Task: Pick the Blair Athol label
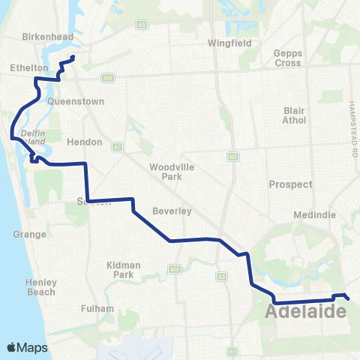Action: click(x=294, y=115)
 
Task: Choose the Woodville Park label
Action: click(x=166, y=172)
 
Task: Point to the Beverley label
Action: click(x=172, y=211)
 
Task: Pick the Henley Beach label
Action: click(x=40, y=286)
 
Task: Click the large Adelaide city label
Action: click(x=305, y=311)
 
